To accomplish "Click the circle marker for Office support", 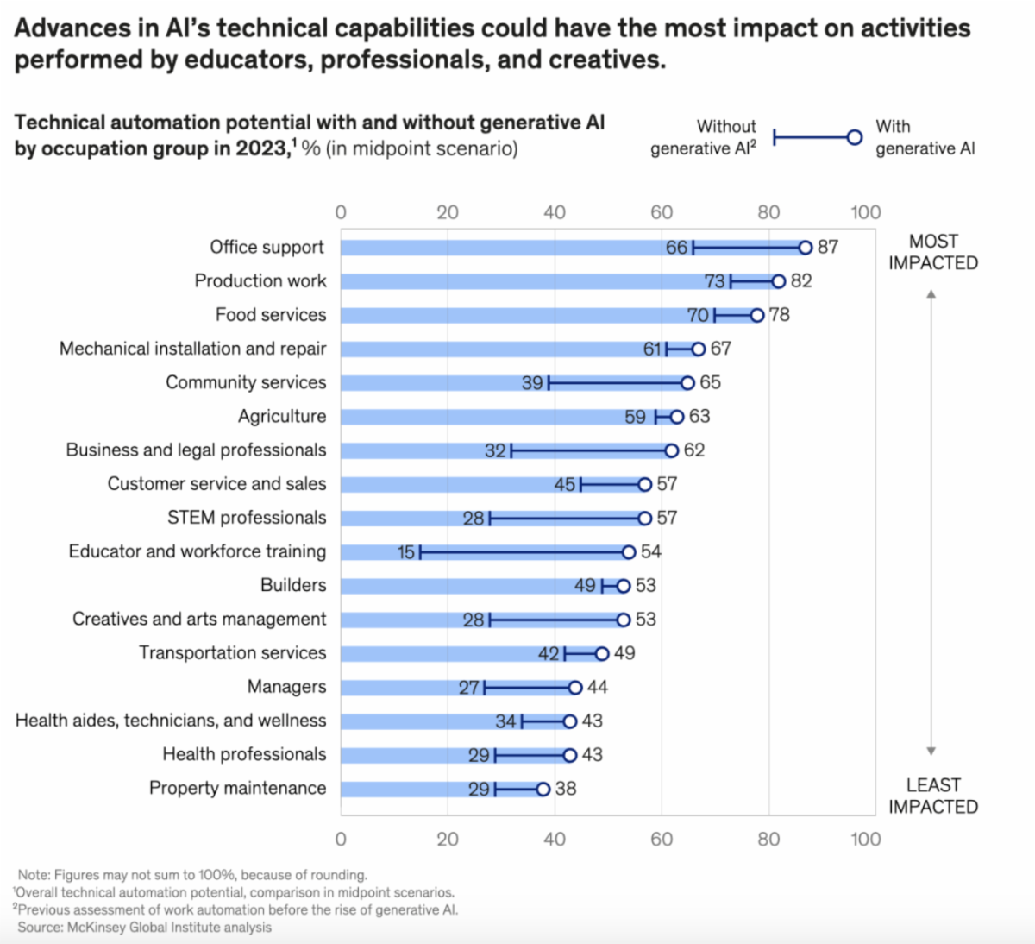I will [x=806, y=248].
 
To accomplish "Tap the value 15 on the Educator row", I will [x=406, y=552].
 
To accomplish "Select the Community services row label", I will [x=246, y=382].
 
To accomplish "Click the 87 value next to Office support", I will [x=828, y=248].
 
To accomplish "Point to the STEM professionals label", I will [x=247, y=518].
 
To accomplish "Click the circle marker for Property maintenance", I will [x=543, y=789].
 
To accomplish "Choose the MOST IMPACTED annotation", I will [x=933, y=252].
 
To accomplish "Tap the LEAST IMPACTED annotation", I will [x=933, y=796].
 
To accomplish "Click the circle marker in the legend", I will [x=855, y=137].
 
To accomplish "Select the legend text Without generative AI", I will [x=704, y=137].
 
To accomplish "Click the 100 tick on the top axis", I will [x=865, y=212].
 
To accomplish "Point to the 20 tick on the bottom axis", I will [x=447, y=839].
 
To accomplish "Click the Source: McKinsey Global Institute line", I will [x=144, y=928].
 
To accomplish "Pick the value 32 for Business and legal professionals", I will [x=495, y=450].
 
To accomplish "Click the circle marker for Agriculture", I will [x=677, y=417].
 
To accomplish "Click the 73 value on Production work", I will [x=715, y=281].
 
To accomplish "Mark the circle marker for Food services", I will [x=757, y=315].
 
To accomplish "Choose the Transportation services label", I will [x=233, y=653].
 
